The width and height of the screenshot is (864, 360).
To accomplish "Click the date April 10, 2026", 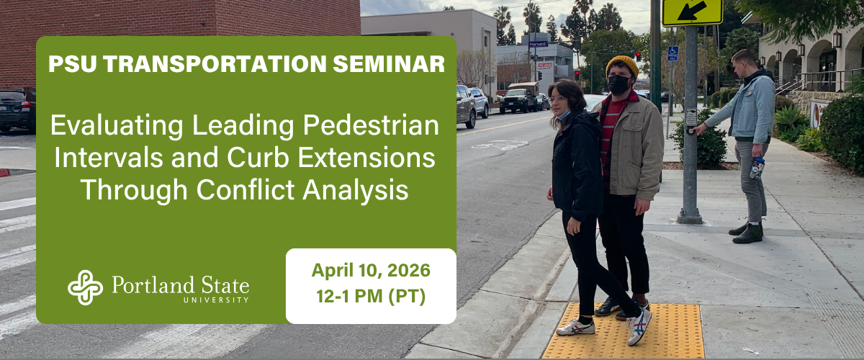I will (371, 271).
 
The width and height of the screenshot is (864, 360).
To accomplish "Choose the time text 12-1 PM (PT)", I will (371, 297).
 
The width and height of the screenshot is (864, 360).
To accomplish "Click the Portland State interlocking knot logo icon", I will (85, 287).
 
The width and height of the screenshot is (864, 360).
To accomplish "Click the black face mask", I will (619, 85).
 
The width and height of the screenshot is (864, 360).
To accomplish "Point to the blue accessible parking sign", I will (673, 53).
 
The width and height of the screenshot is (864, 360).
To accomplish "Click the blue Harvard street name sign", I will (538, 44).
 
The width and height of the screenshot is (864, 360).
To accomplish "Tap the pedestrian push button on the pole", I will (691, 130).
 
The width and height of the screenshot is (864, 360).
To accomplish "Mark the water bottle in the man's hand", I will (757, 167).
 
